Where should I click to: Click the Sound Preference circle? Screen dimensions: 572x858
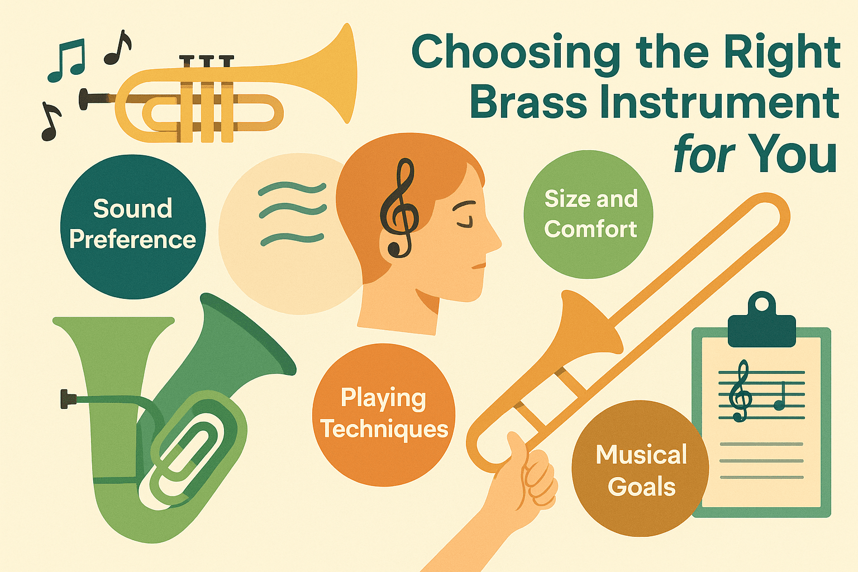133,226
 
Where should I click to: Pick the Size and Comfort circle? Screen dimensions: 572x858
589,214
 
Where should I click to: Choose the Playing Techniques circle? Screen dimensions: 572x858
384,414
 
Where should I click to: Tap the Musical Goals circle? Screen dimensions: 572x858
641,469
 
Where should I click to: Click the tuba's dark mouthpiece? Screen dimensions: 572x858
68,399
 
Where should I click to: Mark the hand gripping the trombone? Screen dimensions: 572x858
531,475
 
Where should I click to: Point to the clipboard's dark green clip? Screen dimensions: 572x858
761,324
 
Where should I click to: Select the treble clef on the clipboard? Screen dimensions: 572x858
742,391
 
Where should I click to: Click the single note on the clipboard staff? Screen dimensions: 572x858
779,399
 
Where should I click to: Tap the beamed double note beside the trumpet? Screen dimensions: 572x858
67,60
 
